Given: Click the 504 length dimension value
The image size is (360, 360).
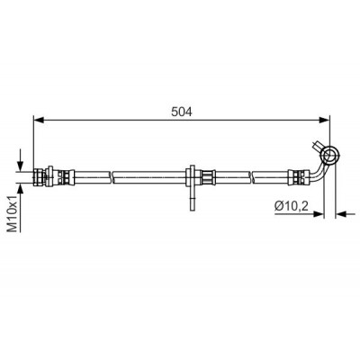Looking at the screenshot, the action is (182, 112).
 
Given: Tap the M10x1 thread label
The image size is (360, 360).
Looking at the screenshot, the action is (13, 213).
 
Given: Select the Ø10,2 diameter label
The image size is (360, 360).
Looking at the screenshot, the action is (292, 206).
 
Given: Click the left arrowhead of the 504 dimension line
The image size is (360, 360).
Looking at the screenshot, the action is (39, 120).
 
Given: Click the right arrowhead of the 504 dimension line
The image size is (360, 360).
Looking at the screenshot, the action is (324, 120).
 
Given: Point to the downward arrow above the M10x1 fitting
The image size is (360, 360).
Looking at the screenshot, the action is (20, 160).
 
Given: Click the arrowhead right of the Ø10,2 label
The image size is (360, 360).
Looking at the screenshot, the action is (319, 214).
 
